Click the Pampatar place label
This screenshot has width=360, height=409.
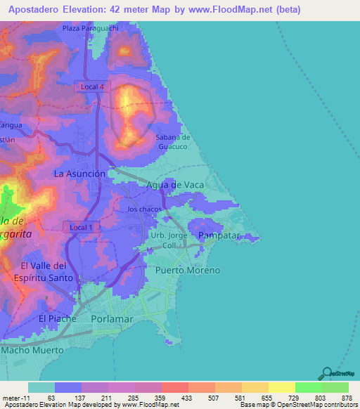click(220, 234)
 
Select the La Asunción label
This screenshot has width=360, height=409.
click(79, 173)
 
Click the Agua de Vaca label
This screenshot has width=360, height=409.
click(174, 185)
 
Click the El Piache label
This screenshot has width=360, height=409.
click(57, 318)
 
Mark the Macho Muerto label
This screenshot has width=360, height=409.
click(32, 349)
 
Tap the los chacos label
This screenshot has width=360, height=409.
click(145, 209)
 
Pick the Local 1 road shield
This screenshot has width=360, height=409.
click(82, 227)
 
